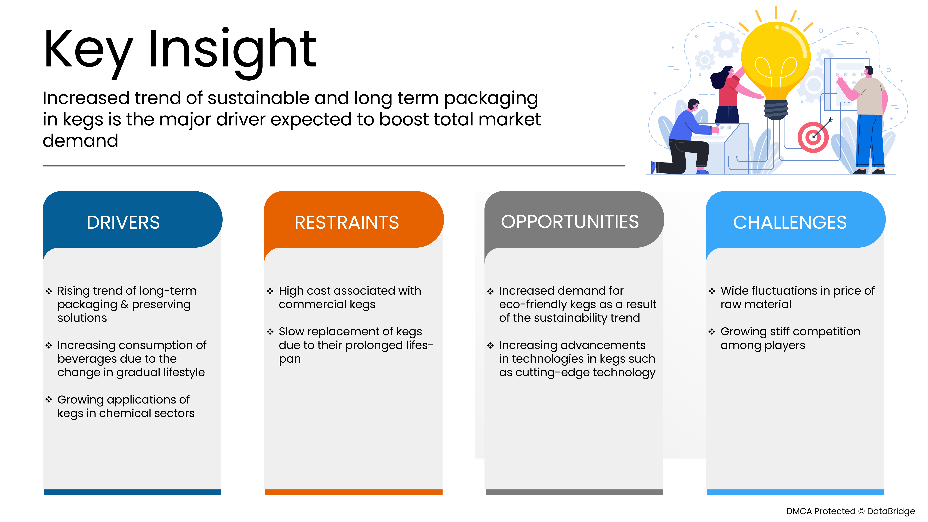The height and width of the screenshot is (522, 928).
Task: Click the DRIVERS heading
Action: [x=123, y=222]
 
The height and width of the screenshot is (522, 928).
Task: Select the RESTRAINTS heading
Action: [x=347, y=222]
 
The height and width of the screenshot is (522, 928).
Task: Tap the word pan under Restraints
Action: [x=290, y=359]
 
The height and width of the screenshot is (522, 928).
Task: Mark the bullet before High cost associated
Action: [x=270, y=291]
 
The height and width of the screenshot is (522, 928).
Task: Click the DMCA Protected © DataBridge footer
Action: [x=850, y=511]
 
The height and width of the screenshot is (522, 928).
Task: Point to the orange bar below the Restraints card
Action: [x=354, y=492]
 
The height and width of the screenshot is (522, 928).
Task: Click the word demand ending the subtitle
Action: [x=80, y=140]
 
